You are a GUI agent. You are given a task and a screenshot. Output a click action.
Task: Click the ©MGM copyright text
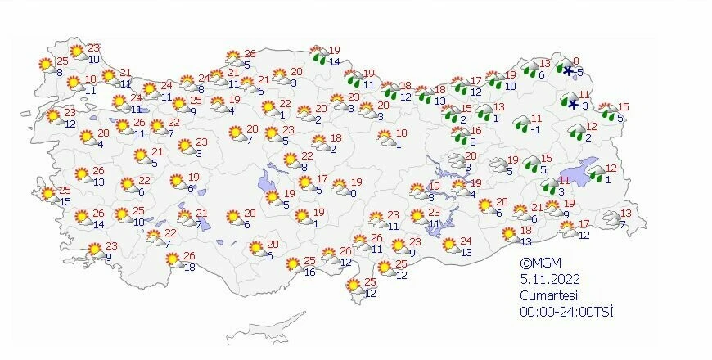tap(537, 263)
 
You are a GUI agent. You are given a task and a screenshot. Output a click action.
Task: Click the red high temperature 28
tap(103, 133)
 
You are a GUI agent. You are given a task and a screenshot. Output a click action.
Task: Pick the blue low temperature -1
tap(535, 129)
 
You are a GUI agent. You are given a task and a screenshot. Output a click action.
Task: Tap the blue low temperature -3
tap(584, 106)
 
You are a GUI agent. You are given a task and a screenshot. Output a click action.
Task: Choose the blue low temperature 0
tap(353, 193)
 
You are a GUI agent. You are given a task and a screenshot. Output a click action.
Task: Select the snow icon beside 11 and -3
tap(572, 102)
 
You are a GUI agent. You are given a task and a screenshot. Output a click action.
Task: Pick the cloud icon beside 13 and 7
tap(610, 218)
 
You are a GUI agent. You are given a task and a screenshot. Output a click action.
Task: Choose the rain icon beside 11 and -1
tap(521, 124)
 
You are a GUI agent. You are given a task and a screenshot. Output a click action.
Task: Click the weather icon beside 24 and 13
tap(450, 245)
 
